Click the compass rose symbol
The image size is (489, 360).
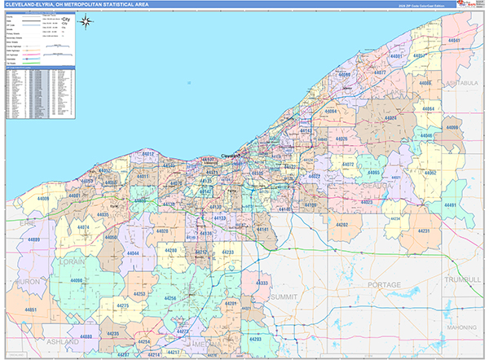[87, 34]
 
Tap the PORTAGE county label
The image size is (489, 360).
[384, 284]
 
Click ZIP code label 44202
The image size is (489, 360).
[342, 224]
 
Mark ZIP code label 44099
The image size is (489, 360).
[452, 128]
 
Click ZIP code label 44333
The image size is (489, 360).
[262, 282]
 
